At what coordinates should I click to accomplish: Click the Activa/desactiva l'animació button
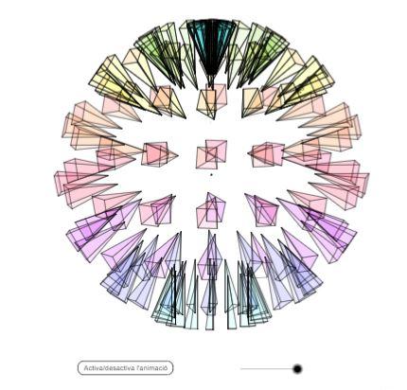(125, 368)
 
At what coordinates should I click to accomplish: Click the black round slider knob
(297, 368)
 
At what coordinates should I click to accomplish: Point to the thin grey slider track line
(267, 368)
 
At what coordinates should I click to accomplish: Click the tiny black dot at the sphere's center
(211, 174)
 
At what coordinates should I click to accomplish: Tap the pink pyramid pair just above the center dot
(211, 154)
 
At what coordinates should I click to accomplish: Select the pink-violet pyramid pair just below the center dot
(210, 211)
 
